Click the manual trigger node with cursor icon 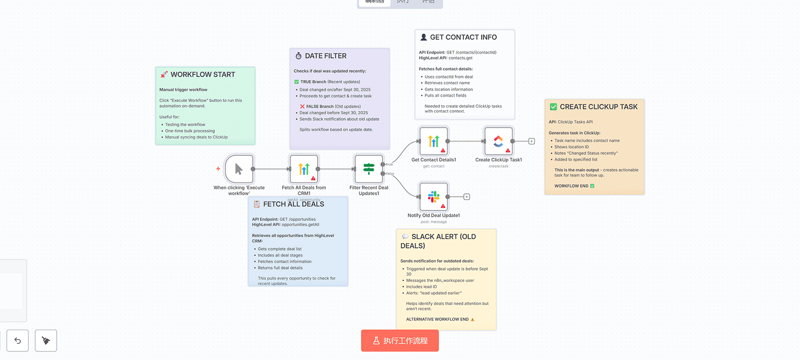click(x=239, y=169)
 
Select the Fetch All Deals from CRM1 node click(x=304, y=169)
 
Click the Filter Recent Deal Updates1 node click(x=369, y=169)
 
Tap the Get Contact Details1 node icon click(x=433, y=141)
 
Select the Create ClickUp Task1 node click(x=498, y=141)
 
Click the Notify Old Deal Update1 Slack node click(x=433, y=197)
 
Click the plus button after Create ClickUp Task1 click(x=531, y=141)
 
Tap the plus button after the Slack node click(x=467, y=197)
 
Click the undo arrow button click(x=18, y=340)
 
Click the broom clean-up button click(x=46, y=340)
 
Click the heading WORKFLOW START click(x=203, y=75)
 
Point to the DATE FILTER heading click(x=326, y=56)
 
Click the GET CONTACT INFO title click(x=463, y=37)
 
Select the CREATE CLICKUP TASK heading click(x=598, y=107)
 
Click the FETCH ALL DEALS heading click(x=293, y=204)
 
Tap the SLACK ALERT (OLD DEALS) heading click(x=443, y=237)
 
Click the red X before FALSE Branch click(x=302, y=107)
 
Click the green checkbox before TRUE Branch click(x=297, y=82)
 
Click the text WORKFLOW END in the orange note click(x=571, y=186)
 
